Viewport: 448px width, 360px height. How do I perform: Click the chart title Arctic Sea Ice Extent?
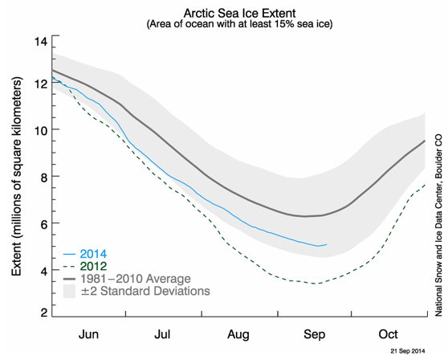coord(240,13)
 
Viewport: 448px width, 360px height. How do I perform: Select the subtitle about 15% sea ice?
coord(240,24)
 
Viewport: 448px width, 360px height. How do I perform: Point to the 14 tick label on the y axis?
coord(41,42)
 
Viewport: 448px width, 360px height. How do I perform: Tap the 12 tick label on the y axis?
coord(41,84)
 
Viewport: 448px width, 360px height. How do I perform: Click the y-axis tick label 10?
coord(41,131)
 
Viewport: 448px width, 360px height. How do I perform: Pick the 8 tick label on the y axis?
coord(43,178)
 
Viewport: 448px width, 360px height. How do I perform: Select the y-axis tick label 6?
coord(43,225)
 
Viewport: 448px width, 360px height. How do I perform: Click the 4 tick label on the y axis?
coord(43,272)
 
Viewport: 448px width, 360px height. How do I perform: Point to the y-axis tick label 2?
coord(43,313)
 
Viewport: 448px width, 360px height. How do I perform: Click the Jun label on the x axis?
coord(88,334)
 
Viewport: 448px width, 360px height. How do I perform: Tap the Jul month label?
coord(162,334)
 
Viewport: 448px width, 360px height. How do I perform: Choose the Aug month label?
coord(238,334)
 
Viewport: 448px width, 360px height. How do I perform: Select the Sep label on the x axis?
coord(314,334)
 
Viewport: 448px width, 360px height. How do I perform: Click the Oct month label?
coord(388,334)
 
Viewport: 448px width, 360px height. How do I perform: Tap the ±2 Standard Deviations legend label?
coord(145,291)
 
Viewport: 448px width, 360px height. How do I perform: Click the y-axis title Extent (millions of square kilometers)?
coord(17,177)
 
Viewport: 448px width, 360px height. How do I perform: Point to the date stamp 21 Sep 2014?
coord(408,351)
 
